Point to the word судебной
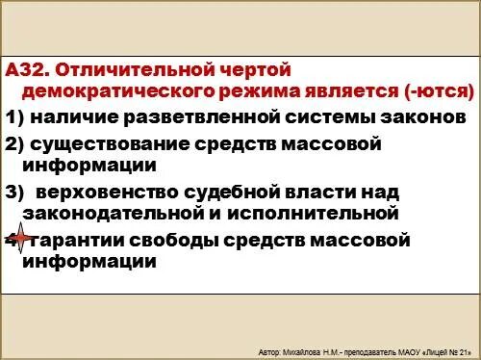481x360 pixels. tap(246, 191)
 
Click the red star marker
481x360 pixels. tap(17, 239)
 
